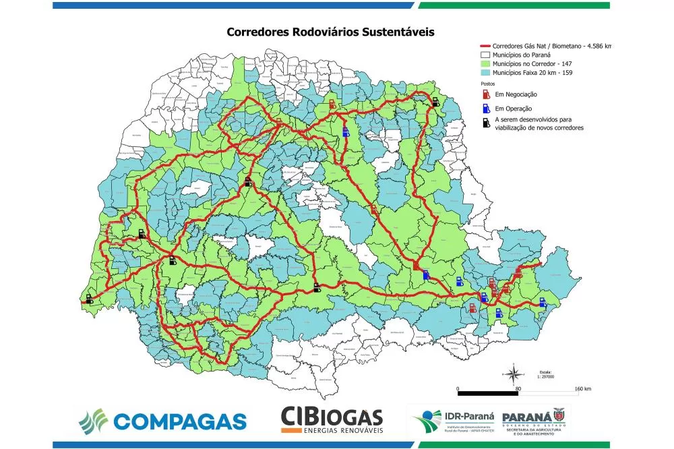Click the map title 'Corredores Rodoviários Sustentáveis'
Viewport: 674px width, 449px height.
click(330, 32)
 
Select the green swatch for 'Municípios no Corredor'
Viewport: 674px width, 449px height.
click(485, 63)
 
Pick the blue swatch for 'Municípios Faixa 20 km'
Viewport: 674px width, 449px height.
click(485, 72)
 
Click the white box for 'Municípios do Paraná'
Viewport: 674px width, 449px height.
click(485, 55)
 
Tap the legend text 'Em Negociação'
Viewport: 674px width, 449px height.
click(516, 95)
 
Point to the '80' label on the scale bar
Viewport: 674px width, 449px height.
click(518, 390)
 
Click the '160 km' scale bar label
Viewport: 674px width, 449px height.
click(583, 390)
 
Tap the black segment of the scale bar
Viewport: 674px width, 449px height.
click(487, 392)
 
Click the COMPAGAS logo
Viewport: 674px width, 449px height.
click(162, 420)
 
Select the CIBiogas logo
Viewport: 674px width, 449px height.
click(332, 420)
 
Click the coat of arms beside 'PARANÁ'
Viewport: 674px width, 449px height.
click(559, 415)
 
